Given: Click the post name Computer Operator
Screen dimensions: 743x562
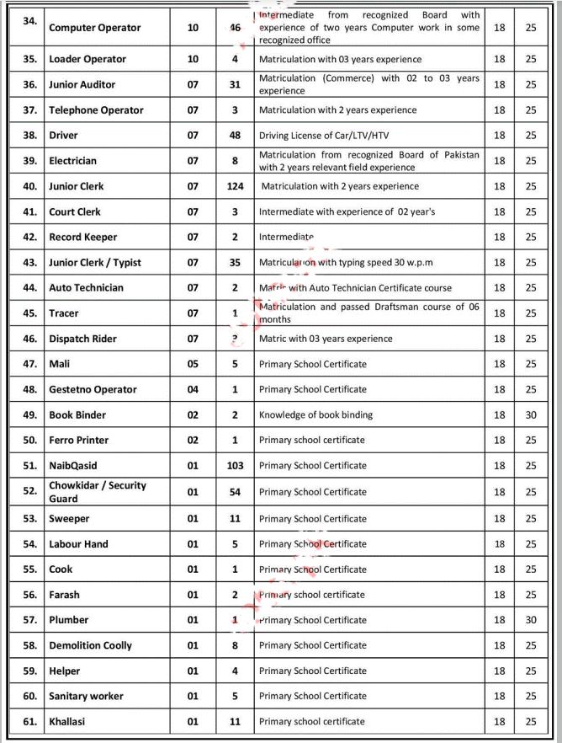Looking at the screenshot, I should coord(95,28).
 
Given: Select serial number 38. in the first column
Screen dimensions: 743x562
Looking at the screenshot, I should coord(29,136).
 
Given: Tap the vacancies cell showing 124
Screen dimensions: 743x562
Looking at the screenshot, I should coord(236,186).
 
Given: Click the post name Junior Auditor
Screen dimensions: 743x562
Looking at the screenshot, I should coord(82,84).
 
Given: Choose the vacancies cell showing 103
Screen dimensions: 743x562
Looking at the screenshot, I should coord(236,466).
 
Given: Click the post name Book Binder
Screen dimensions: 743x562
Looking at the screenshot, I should coord(79,414).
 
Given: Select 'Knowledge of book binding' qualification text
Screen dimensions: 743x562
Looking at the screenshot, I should coord(315,414).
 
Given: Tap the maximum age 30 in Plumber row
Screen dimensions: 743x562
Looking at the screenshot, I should coord(531,620).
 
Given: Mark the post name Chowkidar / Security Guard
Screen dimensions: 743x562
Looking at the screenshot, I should coord(98,492).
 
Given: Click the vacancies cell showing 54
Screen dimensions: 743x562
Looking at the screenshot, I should coord(236,491).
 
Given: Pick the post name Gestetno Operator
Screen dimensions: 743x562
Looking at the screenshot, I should coord(91,389).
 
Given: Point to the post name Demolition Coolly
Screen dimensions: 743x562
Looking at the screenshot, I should coord(91,645).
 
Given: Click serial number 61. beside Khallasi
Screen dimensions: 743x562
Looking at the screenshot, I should coord(29,722).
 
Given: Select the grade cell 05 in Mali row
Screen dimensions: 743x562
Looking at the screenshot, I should coord(194,364).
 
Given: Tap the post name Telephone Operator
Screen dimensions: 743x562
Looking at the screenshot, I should coord(97,110).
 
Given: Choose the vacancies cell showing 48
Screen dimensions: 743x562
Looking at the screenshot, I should coord(236,135).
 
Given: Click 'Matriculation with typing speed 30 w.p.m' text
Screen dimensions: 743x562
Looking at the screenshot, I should coord(346,262).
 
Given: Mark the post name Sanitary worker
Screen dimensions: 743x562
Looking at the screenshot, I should coord(87,696).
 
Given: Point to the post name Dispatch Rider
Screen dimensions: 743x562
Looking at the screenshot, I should coord(83,339).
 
